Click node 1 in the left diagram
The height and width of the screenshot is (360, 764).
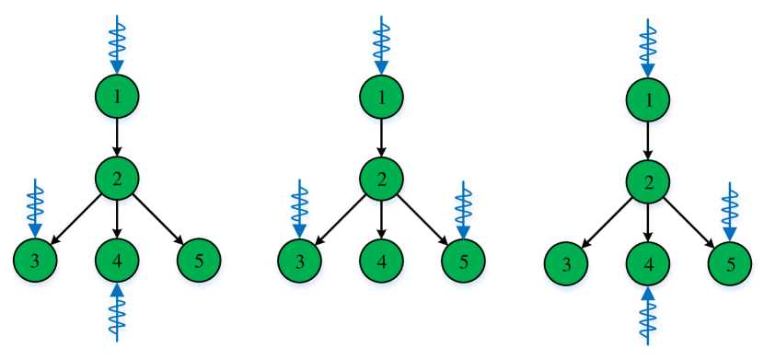[x=117, y=96]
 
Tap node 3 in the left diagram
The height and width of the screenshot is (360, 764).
[x=36, y=261]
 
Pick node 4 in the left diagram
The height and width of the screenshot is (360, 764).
[x=117, y=261]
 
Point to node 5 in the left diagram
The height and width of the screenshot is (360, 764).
[x=199, y=261]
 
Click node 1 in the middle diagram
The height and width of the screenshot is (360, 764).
[x=381, y=96]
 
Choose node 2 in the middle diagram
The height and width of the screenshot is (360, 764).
[x=381, y=178]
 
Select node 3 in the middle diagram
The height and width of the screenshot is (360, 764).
[x=300, y=261]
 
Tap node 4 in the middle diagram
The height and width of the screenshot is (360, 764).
[x=381, y=261]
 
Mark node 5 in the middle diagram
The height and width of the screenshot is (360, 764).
[x=463, y=261]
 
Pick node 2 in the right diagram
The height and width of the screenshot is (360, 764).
[x=648, y=181]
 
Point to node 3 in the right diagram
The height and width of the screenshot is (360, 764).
[x=567, y=265]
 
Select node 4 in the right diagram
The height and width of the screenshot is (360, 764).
[x=648, y=265]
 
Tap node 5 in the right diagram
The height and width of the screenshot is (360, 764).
[x=730, y=265]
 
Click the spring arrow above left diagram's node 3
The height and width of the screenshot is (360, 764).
[x=36, y=207]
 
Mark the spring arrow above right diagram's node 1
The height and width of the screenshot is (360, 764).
[x=648, y=46]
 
